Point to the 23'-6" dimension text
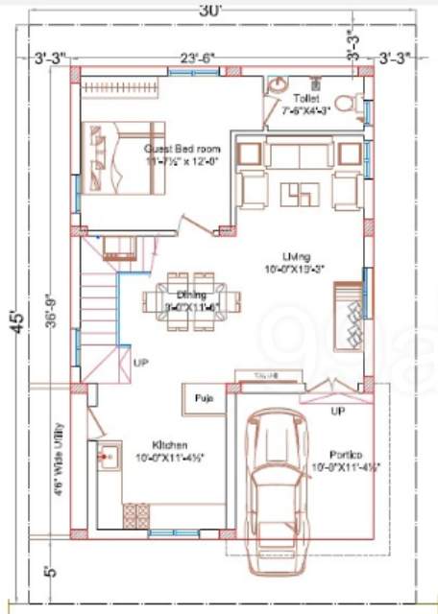point(197,59)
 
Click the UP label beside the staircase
point(141,364)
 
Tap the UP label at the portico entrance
point(337,411)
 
